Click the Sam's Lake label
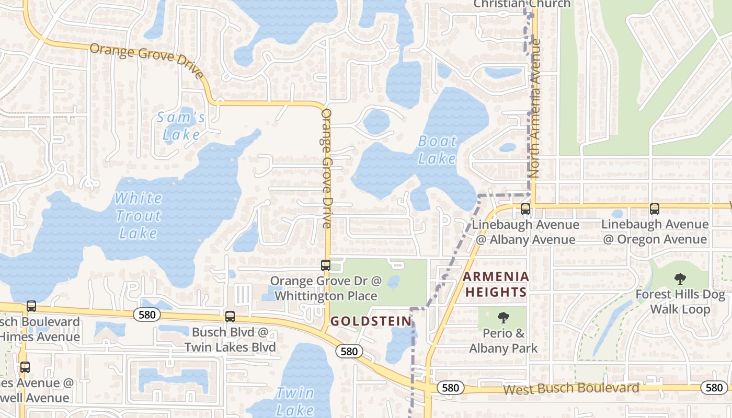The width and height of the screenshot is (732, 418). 181,126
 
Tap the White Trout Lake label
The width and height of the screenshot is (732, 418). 138,215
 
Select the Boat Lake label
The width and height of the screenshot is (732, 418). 438,150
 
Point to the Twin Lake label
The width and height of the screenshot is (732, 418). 295,401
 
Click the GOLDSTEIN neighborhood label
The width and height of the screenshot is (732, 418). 371,321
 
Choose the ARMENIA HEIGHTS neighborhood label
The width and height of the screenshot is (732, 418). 496,284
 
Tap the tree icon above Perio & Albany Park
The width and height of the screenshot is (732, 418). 504,317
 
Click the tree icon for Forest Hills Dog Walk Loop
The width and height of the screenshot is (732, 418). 680,278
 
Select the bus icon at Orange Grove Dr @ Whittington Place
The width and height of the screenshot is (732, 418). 326,265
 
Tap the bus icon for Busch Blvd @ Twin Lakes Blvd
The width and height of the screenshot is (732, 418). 230,317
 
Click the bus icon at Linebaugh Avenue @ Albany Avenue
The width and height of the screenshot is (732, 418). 525,209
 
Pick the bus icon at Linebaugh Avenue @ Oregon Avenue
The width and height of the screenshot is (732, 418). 654,209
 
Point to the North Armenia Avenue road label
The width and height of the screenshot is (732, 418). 534,115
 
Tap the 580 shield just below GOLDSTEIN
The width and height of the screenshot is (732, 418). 349,351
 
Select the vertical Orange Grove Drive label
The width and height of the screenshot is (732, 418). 327,168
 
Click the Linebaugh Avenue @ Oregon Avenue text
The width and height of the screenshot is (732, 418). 655,232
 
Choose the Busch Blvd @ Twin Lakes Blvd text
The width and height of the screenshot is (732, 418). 230,340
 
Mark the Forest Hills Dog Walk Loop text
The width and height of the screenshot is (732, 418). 680,302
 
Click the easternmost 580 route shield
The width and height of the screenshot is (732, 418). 714,387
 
